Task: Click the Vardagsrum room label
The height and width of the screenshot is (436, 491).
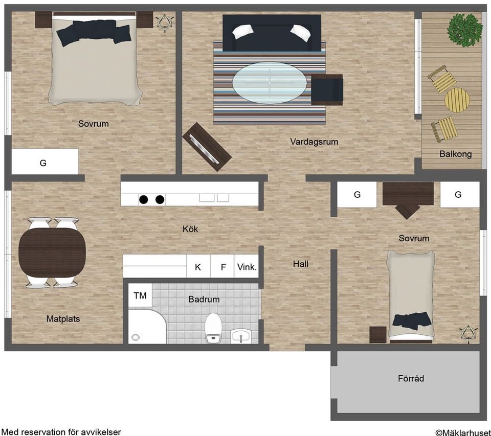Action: (314, 142)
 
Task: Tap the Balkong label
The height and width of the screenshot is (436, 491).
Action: (455, 154)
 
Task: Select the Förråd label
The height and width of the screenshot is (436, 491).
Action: (411, 378)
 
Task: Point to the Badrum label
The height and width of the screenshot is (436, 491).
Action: (204, 300)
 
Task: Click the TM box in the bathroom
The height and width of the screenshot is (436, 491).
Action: (140, 295)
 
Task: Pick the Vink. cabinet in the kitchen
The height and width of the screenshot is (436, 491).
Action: (247, 266)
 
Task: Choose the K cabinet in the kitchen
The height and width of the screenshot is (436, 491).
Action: (198, 266)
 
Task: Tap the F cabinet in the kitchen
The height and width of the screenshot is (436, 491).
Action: (222, 266)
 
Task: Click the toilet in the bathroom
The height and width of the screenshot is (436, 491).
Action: (213, 328)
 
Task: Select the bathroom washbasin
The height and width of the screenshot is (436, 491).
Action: (241, 336)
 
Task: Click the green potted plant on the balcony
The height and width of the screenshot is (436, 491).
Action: (465, 30)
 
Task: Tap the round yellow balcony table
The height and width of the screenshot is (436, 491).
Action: (457, 100)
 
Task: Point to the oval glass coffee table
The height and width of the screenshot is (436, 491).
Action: (270, 83)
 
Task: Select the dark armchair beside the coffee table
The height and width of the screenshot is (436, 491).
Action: (327, 89)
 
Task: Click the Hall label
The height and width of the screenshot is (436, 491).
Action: (301, 264)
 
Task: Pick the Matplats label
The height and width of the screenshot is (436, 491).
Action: (63, 319)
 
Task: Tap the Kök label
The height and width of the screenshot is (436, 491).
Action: (190, 229)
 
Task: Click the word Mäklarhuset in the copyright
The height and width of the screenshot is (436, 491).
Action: (466, 432)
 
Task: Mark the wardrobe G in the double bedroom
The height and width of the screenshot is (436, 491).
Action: (45, 162)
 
